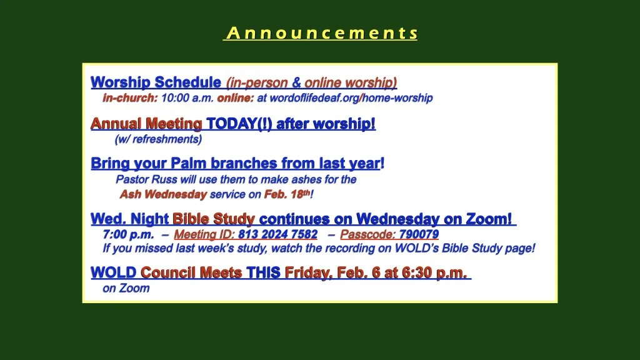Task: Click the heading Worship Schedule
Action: coord(156,82)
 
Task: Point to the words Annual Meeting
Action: coord(146,124)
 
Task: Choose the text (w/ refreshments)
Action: coord(158,139)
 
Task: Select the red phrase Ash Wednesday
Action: coord(163,194)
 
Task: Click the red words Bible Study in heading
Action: coord(214,219)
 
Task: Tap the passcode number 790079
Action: coord(419,235)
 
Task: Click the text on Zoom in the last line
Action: coord(126,288)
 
